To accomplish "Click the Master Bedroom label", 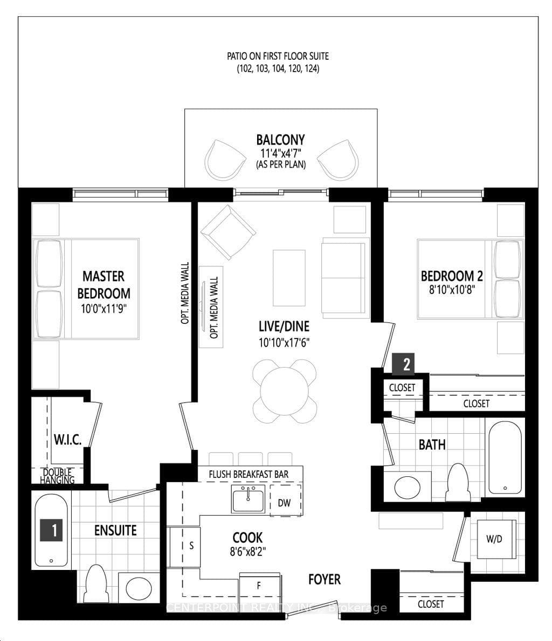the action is pyautogui.click(x=103, y=285).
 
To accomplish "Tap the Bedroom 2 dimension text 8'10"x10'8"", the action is pyautogui.click(x=452, y=290).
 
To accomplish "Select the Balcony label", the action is pyautogui.click(x=280, y=140).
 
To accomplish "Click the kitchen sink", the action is pyautogui.click(x=249, y=498).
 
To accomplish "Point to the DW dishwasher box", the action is pyautogui.click(x=285, y=501).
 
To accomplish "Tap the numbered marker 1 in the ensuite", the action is pyautogui.click(x=51, y=530).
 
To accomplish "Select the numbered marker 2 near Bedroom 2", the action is pyautogui.click(x=403, y=364).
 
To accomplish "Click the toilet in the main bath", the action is pyautogui.click(x=458, y=482).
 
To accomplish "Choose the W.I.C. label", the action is pyautogui.click(x=67, y=440).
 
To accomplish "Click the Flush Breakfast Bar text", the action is pyautogui.click(x=249, y=474).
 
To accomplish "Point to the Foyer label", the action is pyautogui.click(x=325, y=579).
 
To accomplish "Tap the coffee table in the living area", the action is pyautogui.click(x=289, y=278).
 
